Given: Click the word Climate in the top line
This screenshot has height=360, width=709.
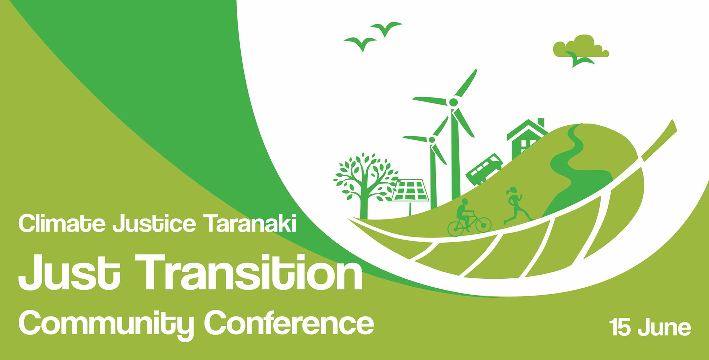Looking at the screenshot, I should coord(62,224).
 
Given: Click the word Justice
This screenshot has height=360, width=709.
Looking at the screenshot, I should coord(154,224).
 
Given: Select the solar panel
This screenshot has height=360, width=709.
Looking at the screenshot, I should coord(411,190).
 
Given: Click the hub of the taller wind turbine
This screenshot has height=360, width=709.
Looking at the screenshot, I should coord(453,102).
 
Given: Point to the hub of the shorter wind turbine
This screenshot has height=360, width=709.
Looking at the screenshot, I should coord(432,139).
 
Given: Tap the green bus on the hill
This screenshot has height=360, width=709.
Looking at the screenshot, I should coord(484,169).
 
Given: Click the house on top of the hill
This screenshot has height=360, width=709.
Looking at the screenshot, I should coord(524,138).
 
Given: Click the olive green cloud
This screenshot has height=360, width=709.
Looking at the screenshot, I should coord(582,47).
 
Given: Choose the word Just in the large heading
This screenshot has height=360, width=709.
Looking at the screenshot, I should coord(69,272).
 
